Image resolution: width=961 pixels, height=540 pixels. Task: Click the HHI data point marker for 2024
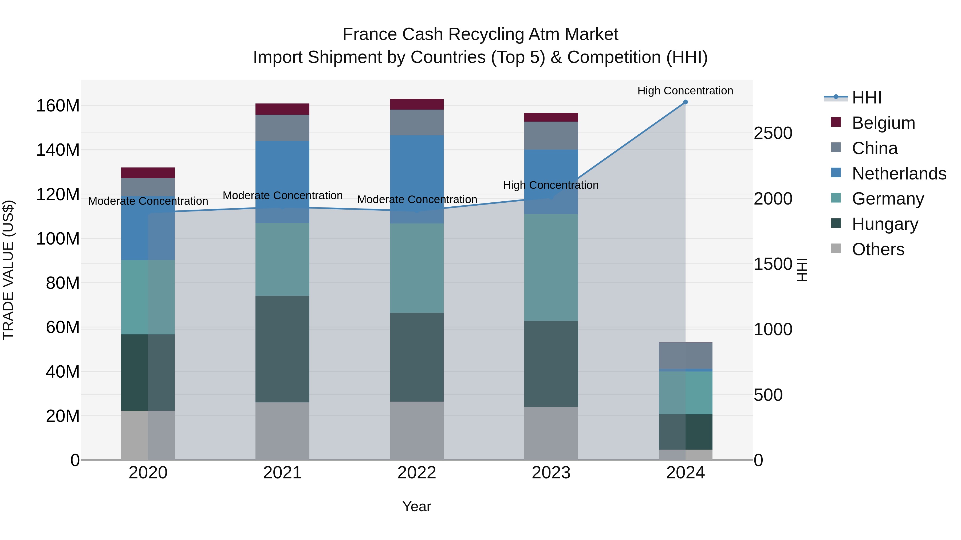685,102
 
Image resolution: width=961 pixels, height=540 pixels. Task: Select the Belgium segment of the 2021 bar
282,109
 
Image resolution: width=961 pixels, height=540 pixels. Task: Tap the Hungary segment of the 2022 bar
417,357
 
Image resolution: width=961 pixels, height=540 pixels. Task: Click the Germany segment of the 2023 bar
551,267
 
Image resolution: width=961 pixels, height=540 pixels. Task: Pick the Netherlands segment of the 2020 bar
148,228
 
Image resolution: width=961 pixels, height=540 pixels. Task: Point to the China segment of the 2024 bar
685,355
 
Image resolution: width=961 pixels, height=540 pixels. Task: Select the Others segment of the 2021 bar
282,431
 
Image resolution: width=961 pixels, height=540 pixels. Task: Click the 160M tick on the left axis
58,106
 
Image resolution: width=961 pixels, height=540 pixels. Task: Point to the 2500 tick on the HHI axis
773,133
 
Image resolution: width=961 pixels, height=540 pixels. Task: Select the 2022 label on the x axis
417,473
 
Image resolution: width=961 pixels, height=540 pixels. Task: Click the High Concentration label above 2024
685,91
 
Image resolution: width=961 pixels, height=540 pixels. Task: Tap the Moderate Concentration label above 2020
148,201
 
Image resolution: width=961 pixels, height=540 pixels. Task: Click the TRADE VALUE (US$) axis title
8,270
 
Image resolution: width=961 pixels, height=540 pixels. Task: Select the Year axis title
417,506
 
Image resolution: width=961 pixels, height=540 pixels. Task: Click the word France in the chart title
370,34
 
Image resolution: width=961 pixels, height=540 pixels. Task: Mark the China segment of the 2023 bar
551,136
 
